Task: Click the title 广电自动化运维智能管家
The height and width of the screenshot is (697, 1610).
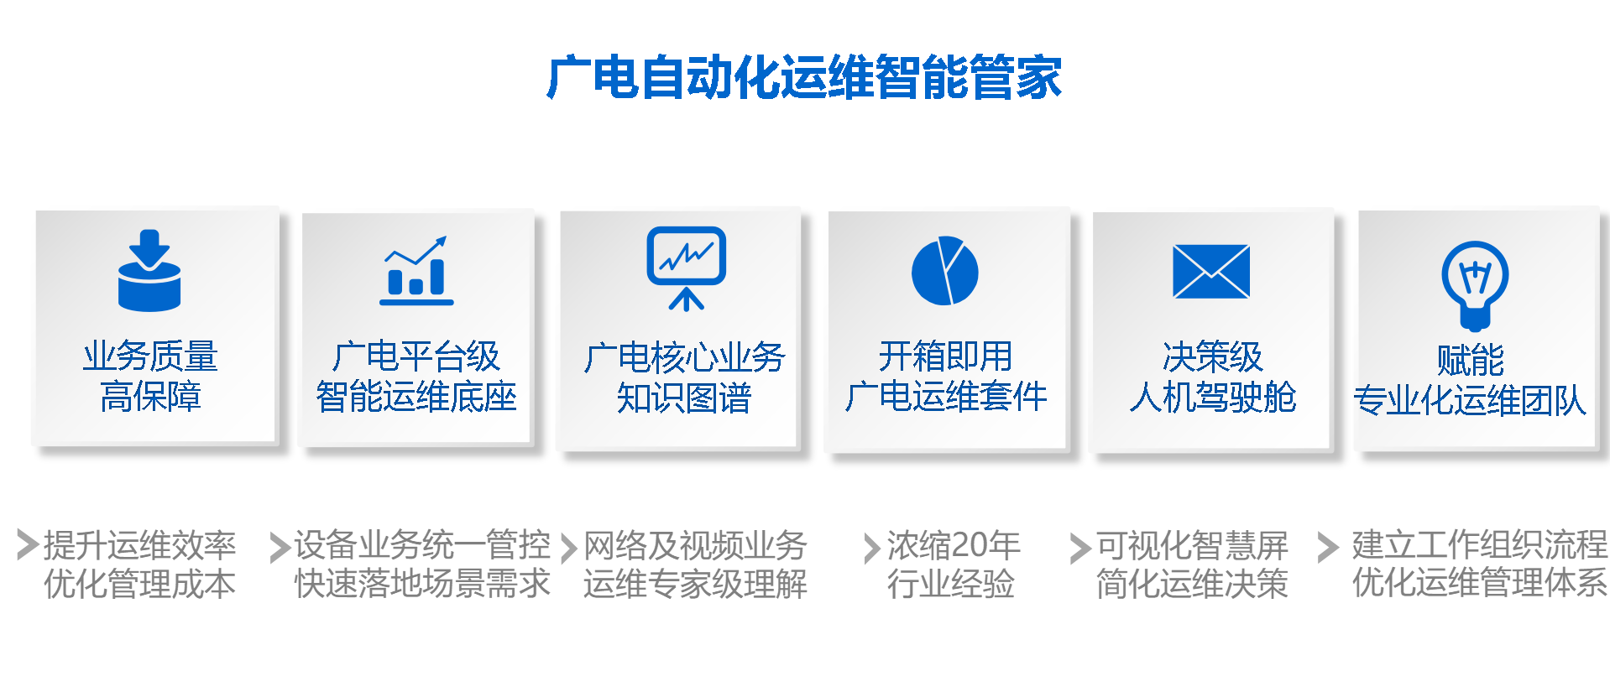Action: [804, 77]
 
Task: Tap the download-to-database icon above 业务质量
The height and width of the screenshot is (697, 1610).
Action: [149, 270]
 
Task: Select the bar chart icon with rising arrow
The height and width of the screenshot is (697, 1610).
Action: [416, 270]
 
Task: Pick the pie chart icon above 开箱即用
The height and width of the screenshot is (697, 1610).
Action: [945, 271]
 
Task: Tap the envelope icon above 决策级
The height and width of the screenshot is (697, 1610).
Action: [1211, 272]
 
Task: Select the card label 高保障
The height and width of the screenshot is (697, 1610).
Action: [150, 397]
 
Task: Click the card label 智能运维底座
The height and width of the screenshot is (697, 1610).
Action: [416, 397]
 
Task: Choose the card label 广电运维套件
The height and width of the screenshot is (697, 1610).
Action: [946, 397]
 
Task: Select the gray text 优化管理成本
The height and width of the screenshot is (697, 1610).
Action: [140, 584]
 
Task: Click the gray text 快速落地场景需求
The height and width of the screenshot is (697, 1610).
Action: [422, 584]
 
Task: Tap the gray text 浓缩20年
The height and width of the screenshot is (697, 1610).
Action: [954, 546]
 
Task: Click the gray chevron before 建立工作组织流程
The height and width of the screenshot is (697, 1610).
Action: [1328, 547]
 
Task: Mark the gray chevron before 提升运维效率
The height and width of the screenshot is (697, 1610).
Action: [28, 544]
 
